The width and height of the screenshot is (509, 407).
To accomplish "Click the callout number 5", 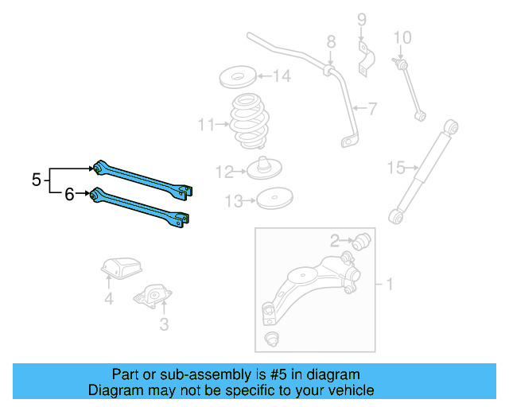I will [37, 180].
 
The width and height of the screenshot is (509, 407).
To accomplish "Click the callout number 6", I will [69, 192].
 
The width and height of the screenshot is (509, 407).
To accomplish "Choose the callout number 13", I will [232, 201].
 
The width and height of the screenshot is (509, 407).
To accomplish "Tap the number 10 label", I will [402, 37].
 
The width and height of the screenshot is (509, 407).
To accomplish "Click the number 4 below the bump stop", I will [109, 300].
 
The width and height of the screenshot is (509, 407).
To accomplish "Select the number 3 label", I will [164, 324].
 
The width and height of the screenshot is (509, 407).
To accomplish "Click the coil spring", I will [249, 123].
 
